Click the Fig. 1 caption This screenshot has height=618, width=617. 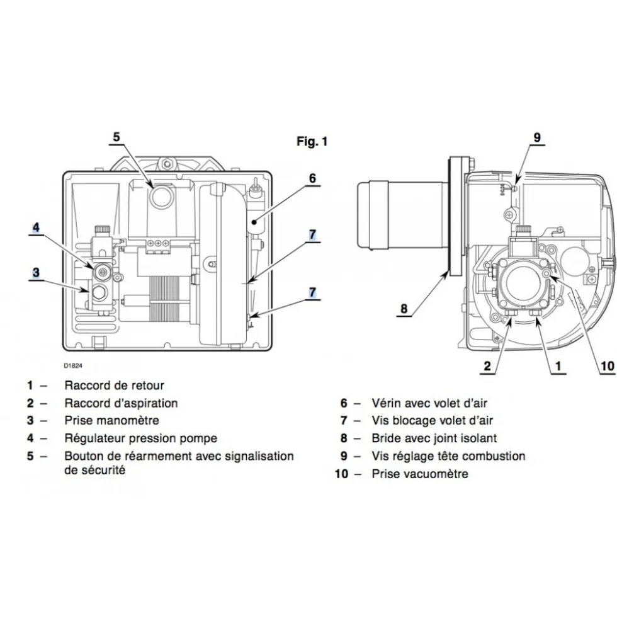click(x=312, y=141)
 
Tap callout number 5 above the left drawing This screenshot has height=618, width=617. click(x=116, y=137)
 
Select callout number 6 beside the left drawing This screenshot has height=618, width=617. click(x=312, y=178)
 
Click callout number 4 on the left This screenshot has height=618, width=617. click(x=36, y=227)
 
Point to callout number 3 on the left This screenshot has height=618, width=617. click(x=37, y=272)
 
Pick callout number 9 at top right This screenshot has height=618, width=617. click(x=537, y=137)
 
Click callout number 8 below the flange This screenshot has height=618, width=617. click(x=404, y=308)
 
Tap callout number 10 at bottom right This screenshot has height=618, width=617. click(x=607, y=366)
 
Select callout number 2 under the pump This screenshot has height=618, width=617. click(x=487, y=366)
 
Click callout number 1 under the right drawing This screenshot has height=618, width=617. click(x=558, y=366)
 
